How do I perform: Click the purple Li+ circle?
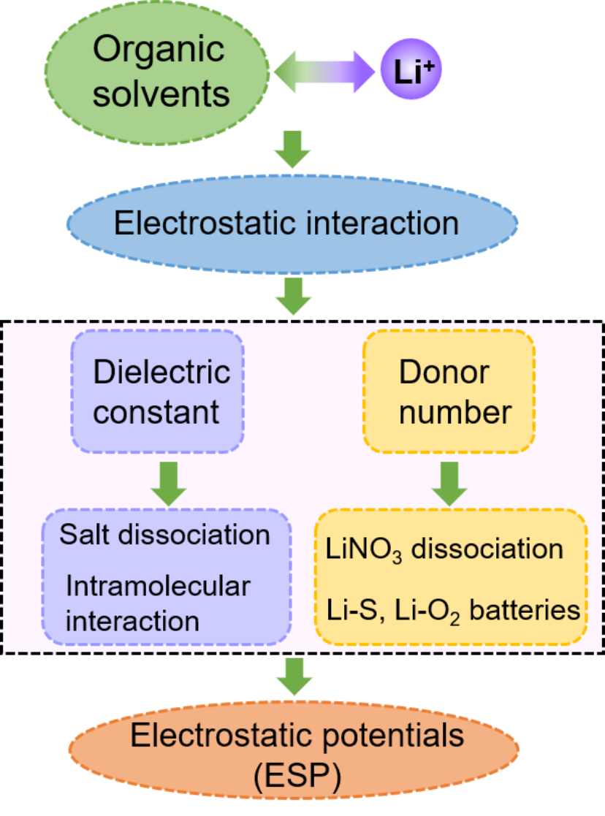tap(411, 69)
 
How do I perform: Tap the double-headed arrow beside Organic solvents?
tap(324, 72)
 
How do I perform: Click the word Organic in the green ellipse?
tap(159, 50)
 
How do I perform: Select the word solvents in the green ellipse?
tap(161, 94)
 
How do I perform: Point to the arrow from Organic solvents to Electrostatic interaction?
tap(292, 149)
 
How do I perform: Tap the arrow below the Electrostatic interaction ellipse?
tap(294, 296)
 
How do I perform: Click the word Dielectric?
tap(161, 372)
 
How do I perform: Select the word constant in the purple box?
tap(156, 412)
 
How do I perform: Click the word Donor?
tap(444, 372)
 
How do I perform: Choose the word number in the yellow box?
tap(455, 412)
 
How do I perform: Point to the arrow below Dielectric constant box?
tap(169, 484)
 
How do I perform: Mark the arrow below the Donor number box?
tap(449, 484)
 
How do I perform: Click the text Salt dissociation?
tap(164, 535)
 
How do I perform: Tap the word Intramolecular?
tap(158, 586)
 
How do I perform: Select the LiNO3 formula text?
tap(363, 550)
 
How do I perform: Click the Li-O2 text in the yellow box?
tap(427, 611)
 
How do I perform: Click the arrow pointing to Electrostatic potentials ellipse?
tap(294, 676)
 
